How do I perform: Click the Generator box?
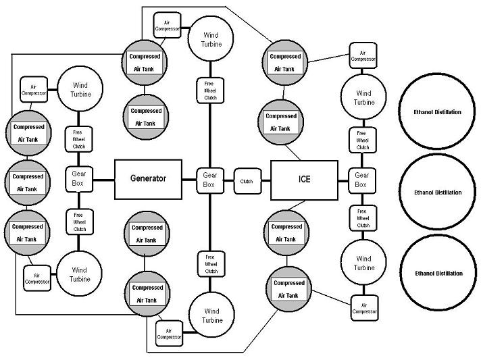[148, 179]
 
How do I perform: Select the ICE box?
[304, 180]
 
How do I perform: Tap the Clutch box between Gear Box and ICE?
[247, 181]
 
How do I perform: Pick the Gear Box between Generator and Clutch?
[209, 180]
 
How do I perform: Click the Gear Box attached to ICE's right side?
[361, 180]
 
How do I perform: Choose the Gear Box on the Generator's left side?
[80, 179]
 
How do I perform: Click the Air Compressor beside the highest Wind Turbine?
[168, 26]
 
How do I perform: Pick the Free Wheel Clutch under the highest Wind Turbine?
[209, 90]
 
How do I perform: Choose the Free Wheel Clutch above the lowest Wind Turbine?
[210, 263]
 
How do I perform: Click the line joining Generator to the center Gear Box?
[191, 180]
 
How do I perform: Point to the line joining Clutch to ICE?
[265, 181]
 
